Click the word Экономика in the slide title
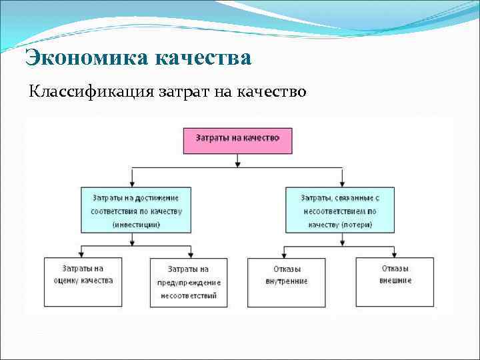[x=87, y=58]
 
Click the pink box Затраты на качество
[x=237, y=139]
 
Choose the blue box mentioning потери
[x=341, y=209]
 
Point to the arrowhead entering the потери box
[x=342, y=183]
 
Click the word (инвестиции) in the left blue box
[x=136, y=225]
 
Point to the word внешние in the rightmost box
[x=395, y=281]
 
